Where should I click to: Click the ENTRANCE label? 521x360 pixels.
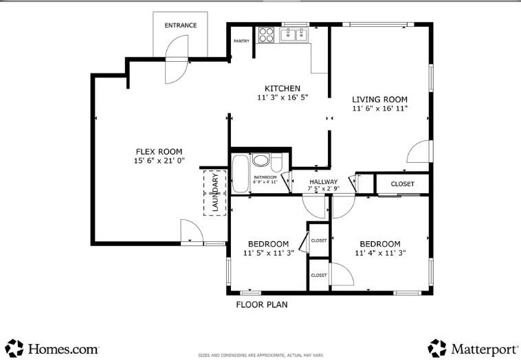click(181, 25)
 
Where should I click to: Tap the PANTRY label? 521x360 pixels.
click(241, 41)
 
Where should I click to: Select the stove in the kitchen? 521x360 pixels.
click(267, 34)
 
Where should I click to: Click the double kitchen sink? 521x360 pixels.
click(296, 34)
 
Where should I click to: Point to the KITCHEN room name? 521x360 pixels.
click(282, 89)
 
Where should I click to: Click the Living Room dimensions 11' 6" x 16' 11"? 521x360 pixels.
click(380, 109)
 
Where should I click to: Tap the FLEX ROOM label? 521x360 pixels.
click(158, 152)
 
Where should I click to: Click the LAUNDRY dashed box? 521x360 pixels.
click(214, 192)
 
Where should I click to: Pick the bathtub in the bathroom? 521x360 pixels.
click(240, 175)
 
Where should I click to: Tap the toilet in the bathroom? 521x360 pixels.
click(276, 162)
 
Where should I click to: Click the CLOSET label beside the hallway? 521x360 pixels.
click(403, 184)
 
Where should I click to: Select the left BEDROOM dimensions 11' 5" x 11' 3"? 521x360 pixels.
click(268, 253)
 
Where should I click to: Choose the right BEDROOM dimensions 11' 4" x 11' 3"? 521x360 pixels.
click(380, 253)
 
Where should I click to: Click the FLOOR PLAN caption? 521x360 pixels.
click(261, 304)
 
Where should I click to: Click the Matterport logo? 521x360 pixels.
click(471, 348)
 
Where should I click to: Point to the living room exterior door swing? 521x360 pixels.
click(419, 151)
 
